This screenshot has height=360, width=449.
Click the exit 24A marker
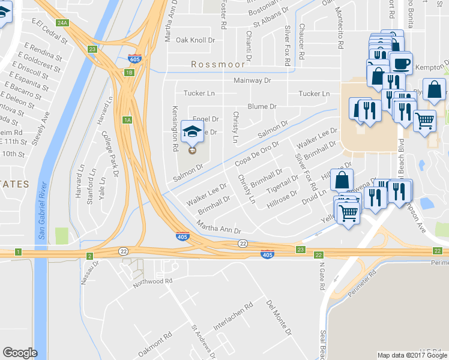(62, 23)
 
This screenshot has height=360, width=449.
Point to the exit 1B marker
(128, 73)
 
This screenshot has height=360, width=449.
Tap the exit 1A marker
(127, 119)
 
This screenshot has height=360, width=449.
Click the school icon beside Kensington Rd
(192, 131)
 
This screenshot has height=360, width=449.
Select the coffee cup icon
(400, 62)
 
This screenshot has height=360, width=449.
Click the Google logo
(20, 353)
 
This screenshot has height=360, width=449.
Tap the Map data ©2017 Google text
(412, 355)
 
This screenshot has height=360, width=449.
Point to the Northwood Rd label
(152, 280)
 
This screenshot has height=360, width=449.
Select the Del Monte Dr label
(279, 318)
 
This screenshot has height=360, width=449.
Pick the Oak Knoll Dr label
(195, 40)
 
